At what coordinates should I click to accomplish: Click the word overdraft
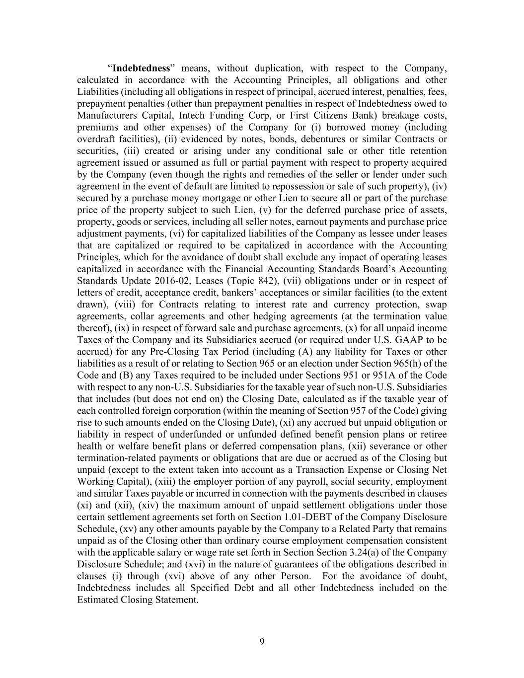(97, 139)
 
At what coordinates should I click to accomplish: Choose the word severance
(373, 446)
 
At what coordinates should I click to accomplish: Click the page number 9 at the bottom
(262, 642)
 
